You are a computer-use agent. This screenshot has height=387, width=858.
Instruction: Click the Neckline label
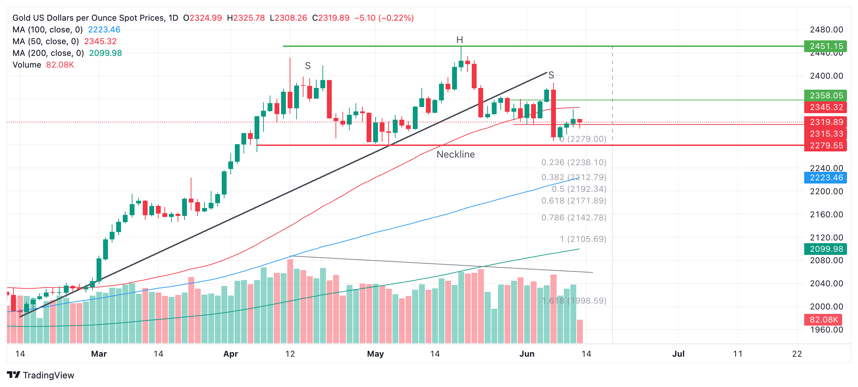[456, 155]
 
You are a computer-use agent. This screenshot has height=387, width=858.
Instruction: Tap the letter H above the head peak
[459, 40]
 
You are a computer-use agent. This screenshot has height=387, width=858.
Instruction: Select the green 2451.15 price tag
[826, 46]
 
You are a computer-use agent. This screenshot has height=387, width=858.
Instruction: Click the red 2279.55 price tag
[826, 146]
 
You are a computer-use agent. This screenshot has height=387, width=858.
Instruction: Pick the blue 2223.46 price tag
[826, 178]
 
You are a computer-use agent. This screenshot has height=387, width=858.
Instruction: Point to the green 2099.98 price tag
[826, 249]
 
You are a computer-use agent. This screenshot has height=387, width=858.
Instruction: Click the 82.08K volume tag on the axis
[824, 320]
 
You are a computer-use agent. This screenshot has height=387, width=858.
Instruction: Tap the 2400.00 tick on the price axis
[826, 76]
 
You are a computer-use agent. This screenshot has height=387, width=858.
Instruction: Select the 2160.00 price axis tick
[826, 215]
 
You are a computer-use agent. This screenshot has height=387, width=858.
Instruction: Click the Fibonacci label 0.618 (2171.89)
[573, 201]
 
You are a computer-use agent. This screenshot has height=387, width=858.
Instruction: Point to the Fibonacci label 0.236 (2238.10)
[573, 162]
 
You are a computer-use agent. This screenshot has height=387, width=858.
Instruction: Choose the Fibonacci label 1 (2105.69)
[583, 239]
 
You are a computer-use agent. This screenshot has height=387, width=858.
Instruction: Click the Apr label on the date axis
[231, 354]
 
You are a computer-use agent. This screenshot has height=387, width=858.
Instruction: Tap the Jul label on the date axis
[678, 354]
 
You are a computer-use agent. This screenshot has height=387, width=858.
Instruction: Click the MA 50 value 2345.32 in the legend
[100, 41]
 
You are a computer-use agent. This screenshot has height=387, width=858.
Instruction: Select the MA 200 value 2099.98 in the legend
[106, 53]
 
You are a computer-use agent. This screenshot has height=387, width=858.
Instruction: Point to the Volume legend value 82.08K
[60, 65]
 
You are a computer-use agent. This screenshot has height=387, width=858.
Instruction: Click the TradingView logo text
[48, 375]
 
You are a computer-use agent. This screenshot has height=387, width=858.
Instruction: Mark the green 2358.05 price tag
[826, 96]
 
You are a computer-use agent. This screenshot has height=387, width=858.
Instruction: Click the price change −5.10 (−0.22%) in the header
[384, 18]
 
